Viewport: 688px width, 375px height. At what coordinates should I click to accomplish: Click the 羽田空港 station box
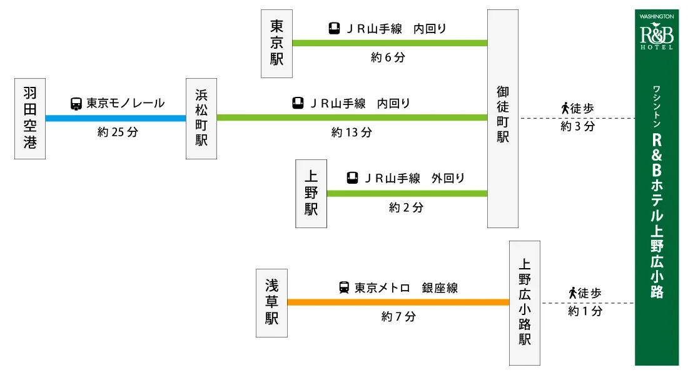pos(30,119)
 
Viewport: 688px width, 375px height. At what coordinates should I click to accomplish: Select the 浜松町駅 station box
pos(201,119)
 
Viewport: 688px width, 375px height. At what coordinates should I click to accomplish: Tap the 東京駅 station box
pos(276,43)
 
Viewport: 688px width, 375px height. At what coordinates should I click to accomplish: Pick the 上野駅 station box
pos(311,194)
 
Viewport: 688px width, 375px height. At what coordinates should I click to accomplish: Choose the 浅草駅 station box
pos(272,303)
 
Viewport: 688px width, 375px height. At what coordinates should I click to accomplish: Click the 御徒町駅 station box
pos(503,118)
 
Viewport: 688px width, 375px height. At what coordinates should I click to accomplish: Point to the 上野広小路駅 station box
pos(524,303)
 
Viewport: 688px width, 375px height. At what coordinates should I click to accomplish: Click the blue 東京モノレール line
pos(116,118)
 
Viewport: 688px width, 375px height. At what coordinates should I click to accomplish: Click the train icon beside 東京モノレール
pos(76,104)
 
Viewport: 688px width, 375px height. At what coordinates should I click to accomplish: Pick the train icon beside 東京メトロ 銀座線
pos(344,288)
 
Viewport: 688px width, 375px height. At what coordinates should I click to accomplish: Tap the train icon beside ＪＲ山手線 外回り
pos(353,178)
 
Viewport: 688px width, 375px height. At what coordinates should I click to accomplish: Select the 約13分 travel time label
pos(352,132)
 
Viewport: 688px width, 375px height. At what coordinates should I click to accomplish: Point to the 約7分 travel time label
pos(398,317)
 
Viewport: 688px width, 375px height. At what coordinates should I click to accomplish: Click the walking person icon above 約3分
pos(565,108)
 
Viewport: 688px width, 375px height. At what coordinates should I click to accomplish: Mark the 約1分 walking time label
pos(585,311)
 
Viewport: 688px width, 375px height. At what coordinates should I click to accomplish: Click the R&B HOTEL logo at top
pos(657,31)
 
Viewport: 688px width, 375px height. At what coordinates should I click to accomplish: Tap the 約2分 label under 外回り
pos(406,207)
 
